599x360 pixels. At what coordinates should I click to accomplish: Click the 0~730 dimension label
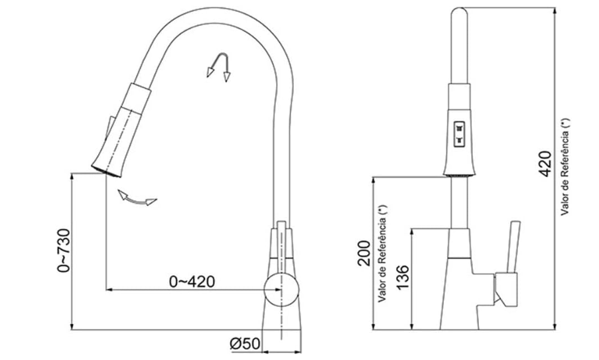coord(64,251)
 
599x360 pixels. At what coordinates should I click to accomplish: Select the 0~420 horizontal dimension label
coord(192,282)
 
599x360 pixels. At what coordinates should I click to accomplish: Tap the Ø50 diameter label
coord(245,343)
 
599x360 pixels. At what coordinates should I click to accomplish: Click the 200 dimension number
coord(364,253)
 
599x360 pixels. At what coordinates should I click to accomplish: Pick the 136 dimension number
coord(403,277)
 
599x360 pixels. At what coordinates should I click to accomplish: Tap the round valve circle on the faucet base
coord(282,290)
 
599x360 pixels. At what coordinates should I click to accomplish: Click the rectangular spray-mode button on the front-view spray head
coord(459,134)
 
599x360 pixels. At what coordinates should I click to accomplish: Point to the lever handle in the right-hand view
coord(513,247)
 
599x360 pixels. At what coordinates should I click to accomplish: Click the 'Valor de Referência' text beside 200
coord(383,253)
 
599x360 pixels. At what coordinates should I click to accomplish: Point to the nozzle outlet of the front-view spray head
coord(459,174)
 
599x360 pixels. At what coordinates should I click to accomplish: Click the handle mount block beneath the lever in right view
coord(505,290)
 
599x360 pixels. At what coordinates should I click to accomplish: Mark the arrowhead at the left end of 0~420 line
coord(109,290)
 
